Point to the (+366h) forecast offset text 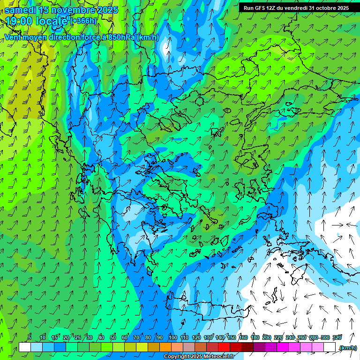(84, 21)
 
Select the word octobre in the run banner (322, 8)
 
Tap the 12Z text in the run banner (271, 8)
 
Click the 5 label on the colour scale (30, 337)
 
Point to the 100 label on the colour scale (172, 337)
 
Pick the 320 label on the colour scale (337, 337)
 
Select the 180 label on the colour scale (255, 337)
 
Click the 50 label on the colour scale (113, 337)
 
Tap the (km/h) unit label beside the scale (348, 348)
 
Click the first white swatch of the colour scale (25, 347)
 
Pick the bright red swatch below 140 (224, 347)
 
